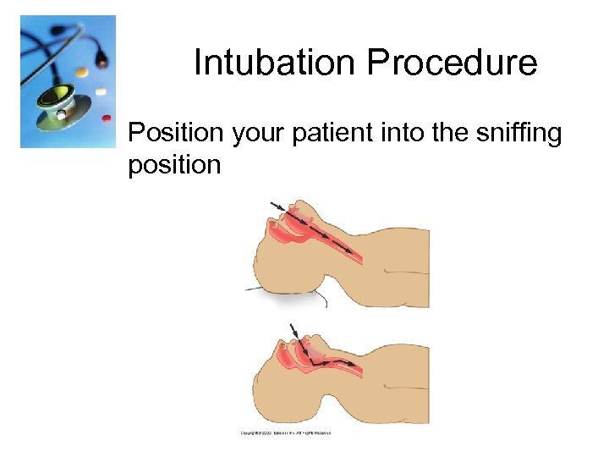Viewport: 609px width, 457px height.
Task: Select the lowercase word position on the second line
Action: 174,164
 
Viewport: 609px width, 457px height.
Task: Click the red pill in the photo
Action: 107,118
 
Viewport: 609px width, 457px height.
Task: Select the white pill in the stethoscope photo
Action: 101,91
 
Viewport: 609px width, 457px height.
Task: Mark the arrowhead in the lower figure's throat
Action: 350,364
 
